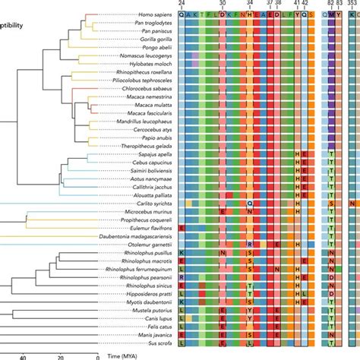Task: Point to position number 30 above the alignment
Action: [x=223, y=3]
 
